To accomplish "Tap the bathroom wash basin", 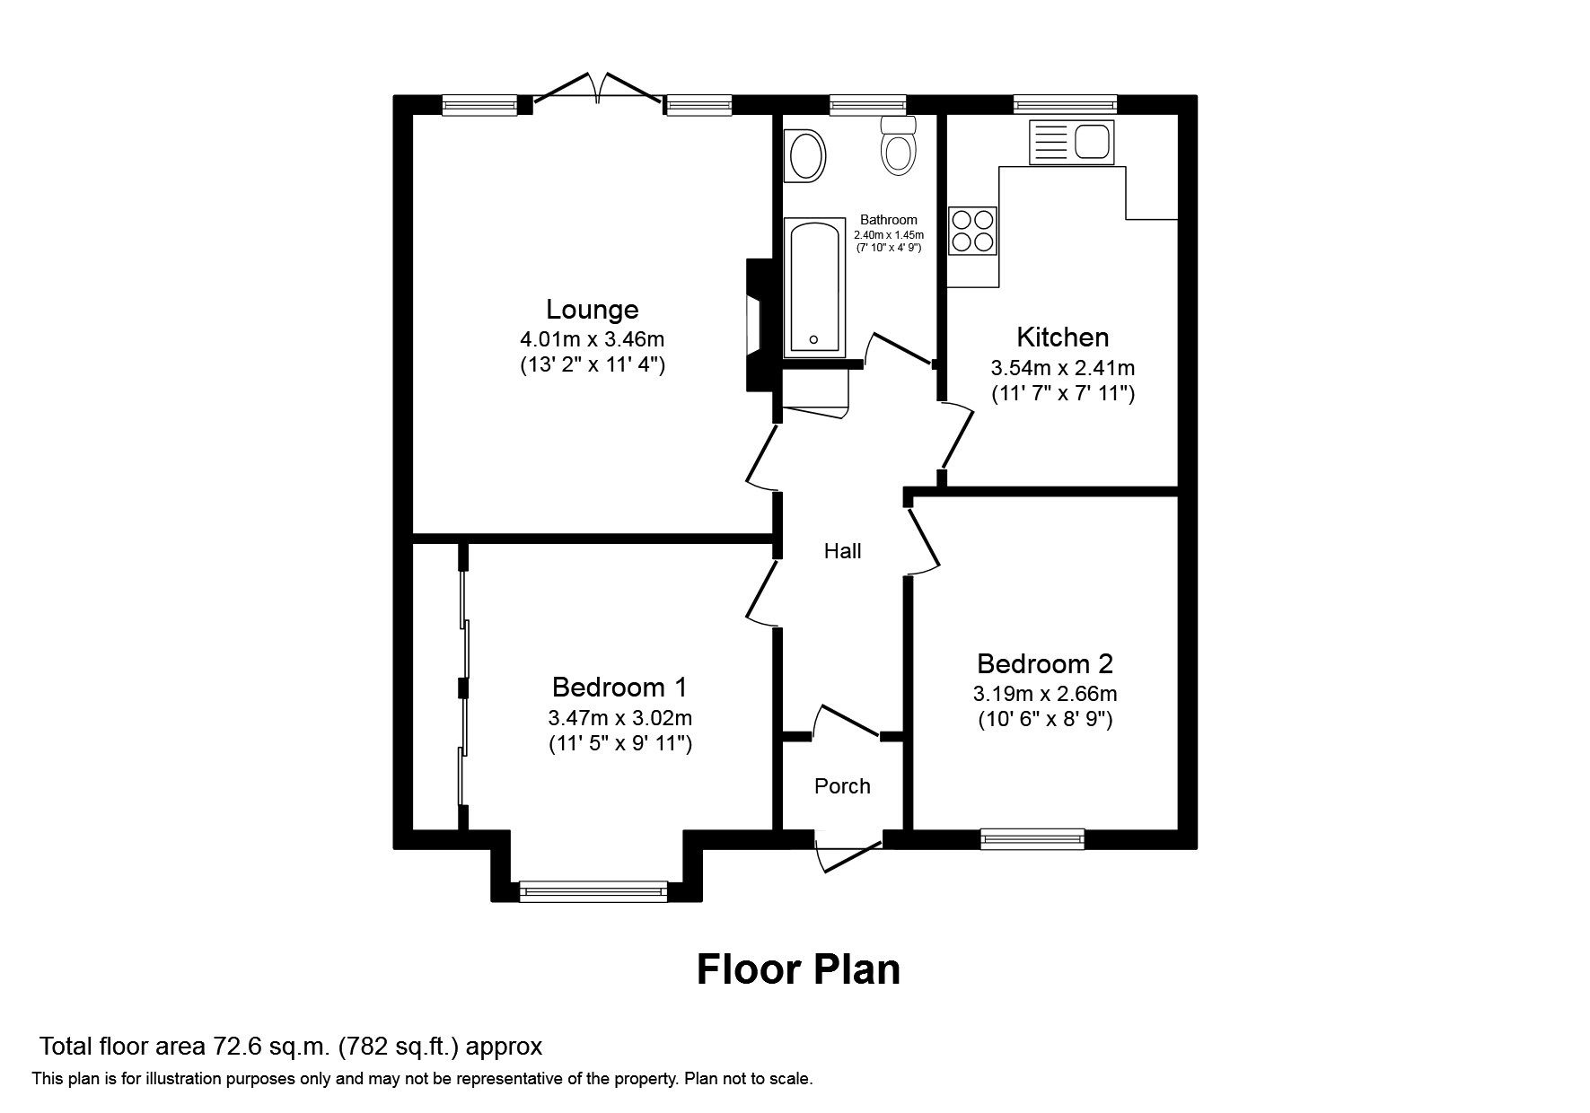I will coord(805,156).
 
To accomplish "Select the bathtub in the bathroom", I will coord(815,285).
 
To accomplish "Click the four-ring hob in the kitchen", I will coord(973,231).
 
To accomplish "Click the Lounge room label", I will coord(593,310).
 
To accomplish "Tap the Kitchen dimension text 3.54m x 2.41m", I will coord(1063,368).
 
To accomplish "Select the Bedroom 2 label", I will coord(1045,664).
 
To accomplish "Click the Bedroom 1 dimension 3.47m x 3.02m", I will coord(619,718).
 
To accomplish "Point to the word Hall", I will coord(842,551).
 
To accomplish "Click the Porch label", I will coord(842,786).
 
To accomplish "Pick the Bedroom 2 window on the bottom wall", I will coord(1032,839).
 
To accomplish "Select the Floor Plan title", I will coord(798,970).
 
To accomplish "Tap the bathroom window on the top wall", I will coord(867,106).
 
